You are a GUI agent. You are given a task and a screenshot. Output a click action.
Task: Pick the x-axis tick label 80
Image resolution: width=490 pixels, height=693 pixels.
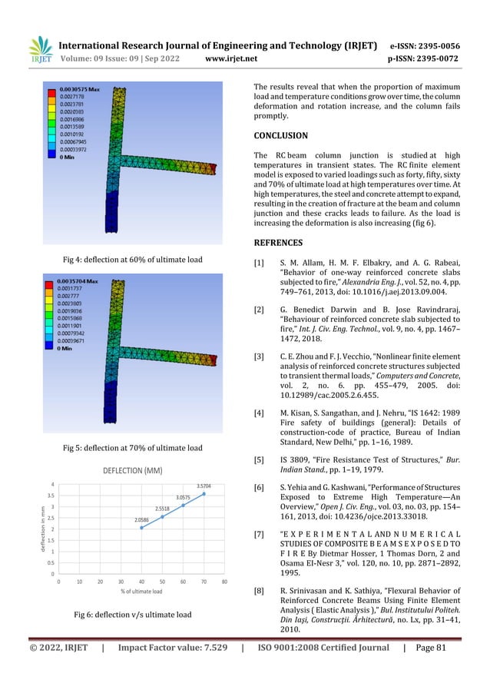point(224,582)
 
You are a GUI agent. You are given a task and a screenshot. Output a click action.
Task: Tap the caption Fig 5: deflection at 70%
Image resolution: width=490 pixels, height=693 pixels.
point(132,447)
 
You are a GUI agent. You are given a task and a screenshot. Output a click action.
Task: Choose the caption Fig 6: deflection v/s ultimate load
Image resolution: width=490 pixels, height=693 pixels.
point(132,615)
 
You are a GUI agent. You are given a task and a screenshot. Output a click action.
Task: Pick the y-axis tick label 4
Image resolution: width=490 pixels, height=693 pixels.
point(52,484)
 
